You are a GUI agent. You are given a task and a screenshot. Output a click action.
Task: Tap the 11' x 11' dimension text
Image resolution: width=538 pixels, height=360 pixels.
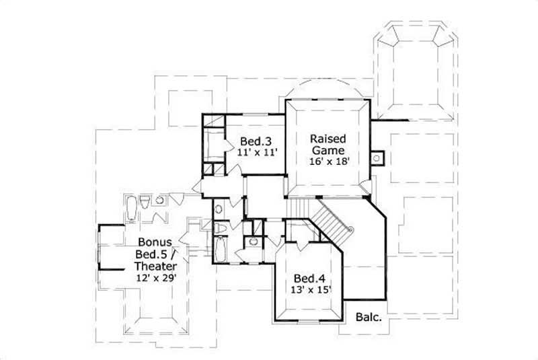257,153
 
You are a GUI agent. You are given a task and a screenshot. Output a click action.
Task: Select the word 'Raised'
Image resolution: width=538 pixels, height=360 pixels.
328,139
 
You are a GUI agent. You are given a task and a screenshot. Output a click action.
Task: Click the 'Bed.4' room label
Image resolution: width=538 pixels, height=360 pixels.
308,279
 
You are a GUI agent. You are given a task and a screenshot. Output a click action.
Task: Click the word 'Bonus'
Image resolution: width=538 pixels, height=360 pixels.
155,241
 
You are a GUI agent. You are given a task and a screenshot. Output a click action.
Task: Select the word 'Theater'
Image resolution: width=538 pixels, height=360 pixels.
154,266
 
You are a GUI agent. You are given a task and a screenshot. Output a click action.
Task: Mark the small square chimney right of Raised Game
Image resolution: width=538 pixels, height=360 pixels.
377,159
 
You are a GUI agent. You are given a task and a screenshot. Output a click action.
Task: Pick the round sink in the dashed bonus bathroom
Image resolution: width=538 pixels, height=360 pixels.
160,200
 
